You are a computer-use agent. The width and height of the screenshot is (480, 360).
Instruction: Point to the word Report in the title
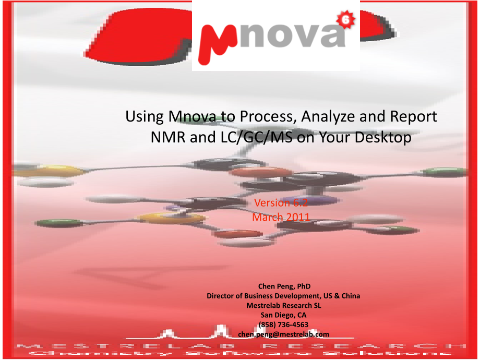411,117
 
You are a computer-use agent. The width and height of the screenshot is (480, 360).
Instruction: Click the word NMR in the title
166,138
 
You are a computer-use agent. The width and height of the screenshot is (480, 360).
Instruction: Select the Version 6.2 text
280,203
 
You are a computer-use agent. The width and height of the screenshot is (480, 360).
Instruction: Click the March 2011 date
281,217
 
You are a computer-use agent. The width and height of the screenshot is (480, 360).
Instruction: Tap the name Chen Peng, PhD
284,286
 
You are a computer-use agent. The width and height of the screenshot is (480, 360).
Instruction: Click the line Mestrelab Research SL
284,305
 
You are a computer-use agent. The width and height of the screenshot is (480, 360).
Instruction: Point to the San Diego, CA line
284,315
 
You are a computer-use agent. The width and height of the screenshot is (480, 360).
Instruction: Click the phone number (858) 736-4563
284,325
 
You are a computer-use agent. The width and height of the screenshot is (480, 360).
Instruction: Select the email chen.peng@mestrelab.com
284,334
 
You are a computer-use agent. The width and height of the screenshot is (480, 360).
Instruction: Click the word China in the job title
351,296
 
